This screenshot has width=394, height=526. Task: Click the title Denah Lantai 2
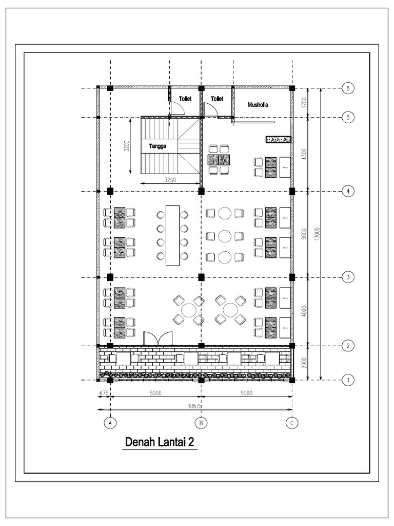(x=159, y=442)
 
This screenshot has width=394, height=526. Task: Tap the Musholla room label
(x=258, y=105)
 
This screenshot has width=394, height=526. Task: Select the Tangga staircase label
(x=159, y=146)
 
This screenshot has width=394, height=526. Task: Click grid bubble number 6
(x=348, y=88)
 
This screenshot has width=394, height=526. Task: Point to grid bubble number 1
(x=348, y=381)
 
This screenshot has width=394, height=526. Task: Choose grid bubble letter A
(x=109, y=423)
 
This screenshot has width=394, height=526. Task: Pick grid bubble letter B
(x=202, y=423)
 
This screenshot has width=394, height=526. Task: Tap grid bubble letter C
(x=292, y=423)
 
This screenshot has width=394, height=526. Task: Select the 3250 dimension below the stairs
(x=171, y=180)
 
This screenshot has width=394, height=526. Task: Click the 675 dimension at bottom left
(x=103, y=393)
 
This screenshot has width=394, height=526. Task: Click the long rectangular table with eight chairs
(x=172, y=235)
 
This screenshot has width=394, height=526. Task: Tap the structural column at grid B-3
(x=202, y=277)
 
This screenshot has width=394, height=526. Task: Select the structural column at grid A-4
(x=110, y=191)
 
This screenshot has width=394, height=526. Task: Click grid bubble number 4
(x=348, y=191)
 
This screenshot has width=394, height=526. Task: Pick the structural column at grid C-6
(x=292, y=88)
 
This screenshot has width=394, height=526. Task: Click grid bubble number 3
(x=348, y=277)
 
